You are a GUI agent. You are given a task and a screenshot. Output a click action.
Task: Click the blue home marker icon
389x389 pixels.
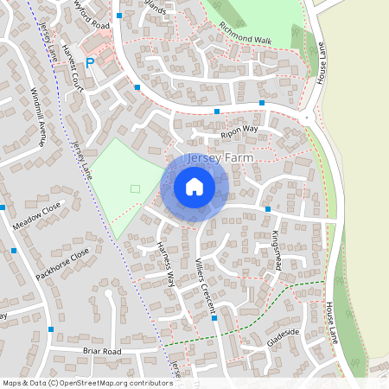tap(194, 186)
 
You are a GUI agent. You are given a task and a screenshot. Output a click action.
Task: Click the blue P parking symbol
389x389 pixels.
tap(90, 63)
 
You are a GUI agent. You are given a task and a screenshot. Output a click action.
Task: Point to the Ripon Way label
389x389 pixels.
tap(239, 131)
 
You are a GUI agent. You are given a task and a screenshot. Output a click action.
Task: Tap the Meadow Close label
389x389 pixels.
tap(39, 225)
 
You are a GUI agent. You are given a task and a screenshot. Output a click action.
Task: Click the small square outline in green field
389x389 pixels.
tap(134, 188)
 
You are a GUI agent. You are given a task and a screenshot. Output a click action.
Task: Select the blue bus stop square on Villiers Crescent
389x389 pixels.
tap(214, 318)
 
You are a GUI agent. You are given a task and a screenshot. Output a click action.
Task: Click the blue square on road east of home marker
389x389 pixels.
tap(268, 209)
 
